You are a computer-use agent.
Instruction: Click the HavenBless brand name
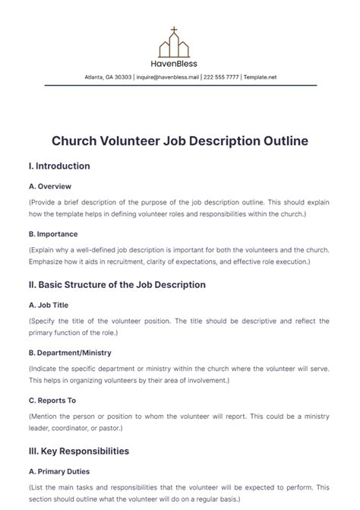pyautogui.click(x=180, y=65)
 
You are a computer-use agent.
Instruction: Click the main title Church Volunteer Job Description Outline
pyautogui.click(x=180, y=141)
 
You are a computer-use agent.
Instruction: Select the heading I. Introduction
pyautogui.click(x=59, y=166)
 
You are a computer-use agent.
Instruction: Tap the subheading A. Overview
pyautogui.click(x=50, y=185)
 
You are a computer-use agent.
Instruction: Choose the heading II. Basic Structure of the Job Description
pyautogui.click(x=117, y=285)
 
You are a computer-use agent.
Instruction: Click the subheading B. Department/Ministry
pyautogui.click(x=70, y=353)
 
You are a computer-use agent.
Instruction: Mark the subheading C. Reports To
pyautogui.click(x=53, y=401)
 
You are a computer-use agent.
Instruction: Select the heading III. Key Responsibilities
pyautogui.click(x=78, y=451)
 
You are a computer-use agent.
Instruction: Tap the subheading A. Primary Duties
pyautogui.click(x=60, y=470)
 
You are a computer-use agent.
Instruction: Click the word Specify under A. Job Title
pyautogui.click(x=45, y=321)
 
